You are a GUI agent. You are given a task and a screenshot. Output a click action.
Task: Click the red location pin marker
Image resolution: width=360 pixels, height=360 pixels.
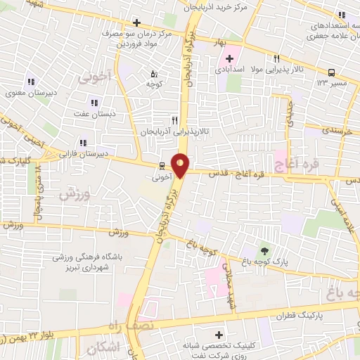pyautogui.click(x=181, y=165)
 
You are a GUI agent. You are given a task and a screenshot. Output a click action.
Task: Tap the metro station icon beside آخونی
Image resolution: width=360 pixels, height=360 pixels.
pyautogui.click(x=162, y=167)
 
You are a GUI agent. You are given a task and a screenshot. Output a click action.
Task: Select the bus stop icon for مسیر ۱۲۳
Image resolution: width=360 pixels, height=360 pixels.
pyautogui.click(x=331, y=72)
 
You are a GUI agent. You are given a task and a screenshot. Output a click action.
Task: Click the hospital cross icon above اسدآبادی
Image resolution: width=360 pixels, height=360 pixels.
pyautogui.click(x=230, y=57)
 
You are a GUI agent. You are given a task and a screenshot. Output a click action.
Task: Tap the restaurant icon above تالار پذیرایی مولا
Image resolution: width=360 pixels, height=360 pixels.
pyautogui.click(x=277, y=59)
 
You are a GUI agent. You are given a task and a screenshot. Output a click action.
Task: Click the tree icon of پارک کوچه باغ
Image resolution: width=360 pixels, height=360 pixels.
pyautogui.click(x=264, y=250)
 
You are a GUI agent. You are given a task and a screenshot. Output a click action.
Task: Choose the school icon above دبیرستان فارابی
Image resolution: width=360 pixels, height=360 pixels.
pyautogui.click(x=84, y=141)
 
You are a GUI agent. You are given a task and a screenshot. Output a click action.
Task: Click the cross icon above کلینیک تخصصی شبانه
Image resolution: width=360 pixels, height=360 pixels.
pyautogui.click(x=219, y=334)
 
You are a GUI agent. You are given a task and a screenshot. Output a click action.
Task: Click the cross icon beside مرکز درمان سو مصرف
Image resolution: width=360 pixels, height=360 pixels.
pyautogui.click(x=136, y=22)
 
